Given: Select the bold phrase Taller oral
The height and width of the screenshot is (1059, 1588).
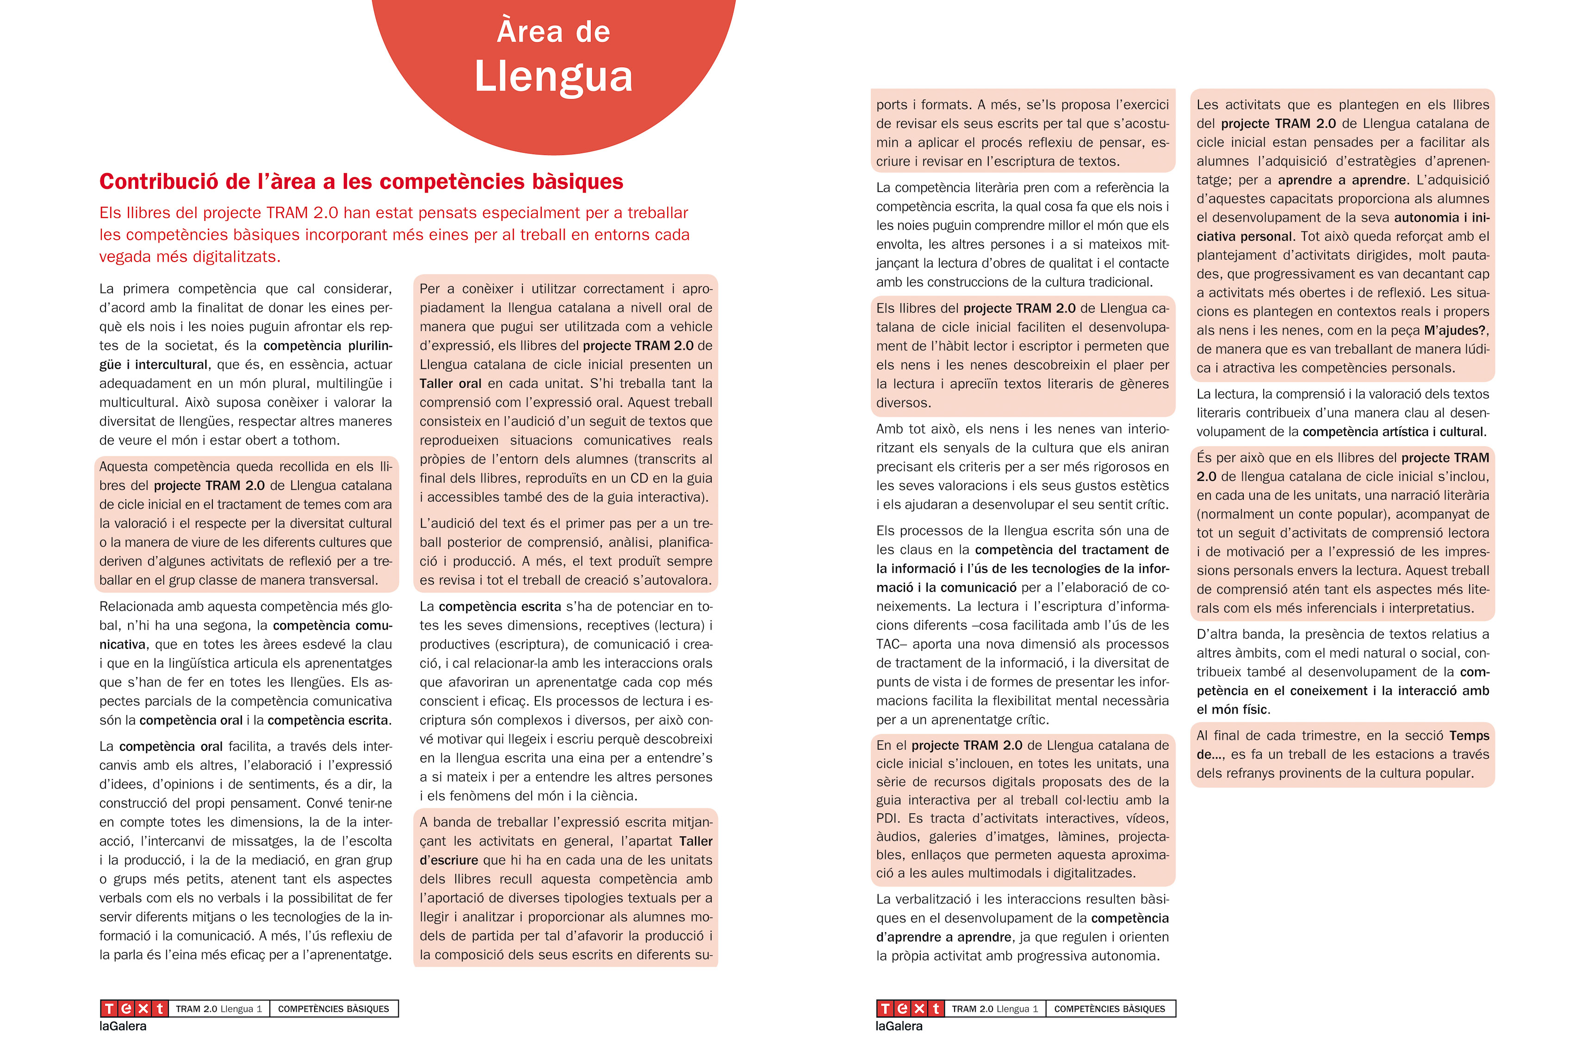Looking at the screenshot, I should click(x=450, y=384).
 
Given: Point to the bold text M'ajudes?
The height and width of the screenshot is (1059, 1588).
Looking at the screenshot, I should click(x=1455, y=331).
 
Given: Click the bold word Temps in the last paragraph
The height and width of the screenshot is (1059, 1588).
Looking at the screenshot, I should click(x=1469, y=735).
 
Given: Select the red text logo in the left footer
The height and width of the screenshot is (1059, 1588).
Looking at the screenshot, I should click(x=134, y=1009).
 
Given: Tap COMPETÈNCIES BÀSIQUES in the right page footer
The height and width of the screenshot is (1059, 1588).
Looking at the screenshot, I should click(x=1109, y=1009).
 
